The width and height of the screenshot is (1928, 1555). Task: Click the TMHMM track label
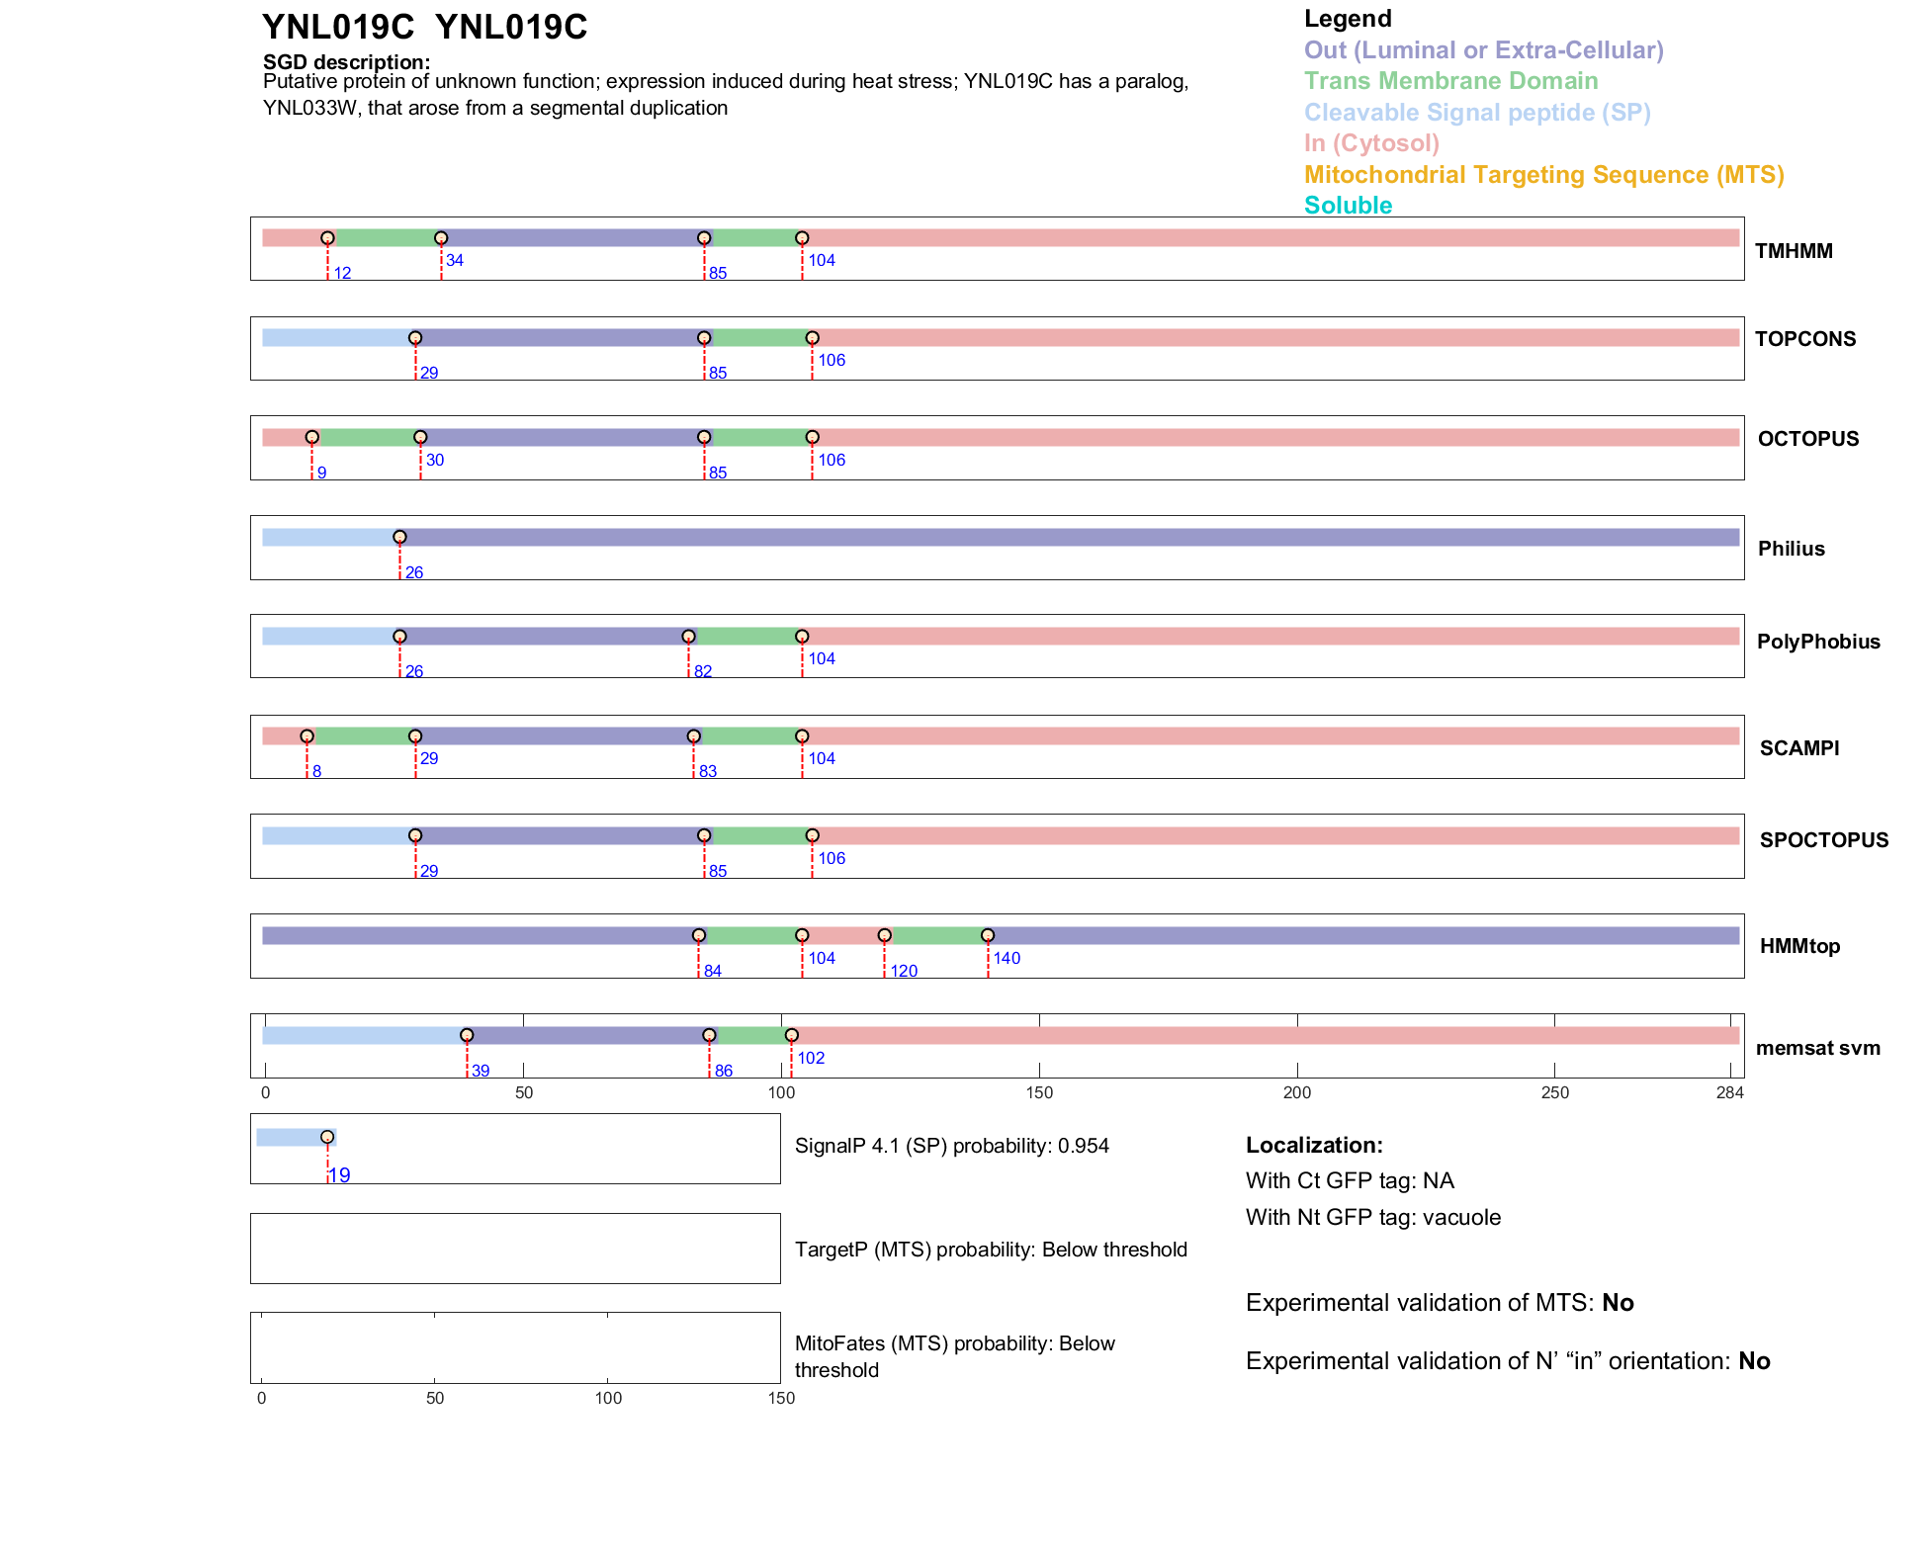(1793, 251)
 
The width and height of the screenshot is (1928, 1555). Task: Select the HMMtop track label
(1799, 946)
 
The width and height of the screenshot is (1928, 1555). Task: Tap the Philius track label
(1791, 549)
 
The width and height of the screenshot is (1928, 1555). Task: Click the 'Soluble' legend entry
(1348, 206)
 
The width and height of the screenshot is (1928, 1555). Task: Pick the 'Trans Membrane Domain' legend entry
(1450, 81)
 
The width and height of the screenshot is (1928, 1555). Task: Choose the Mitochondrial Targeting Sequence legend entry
(1543, 175)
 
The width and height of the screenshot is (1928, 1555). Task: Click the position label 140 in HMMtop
(1007, 958)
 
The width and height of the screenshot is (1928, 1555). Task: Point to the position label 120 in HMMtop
(904, 971)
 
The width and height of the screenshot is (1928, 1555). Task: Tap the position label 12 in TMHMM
(342, 273)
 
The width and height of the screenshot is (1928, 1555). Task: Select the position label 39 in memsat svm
(481, 1071)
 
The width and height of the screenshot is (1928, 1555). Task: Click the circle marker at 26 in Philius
(399, 538)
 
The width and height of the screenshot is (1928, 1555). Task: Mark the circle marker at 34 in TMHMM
(441, 238)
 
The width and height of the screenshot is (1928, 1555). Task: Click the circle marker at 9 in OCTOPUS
(312, 437)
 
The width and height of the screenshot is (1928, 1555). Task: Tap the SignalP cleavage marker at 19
(327, 1137)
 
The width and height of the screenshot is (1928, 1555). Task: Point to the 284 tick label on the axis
(1729, 1092)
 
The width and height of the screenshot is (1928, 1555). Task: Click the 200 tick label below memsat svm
(1297, 1092)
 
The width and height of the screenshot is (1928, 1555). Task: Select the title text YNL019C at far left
(337, 28)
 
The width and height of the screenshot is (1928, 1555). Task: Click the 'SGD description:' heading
(346, 61)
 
